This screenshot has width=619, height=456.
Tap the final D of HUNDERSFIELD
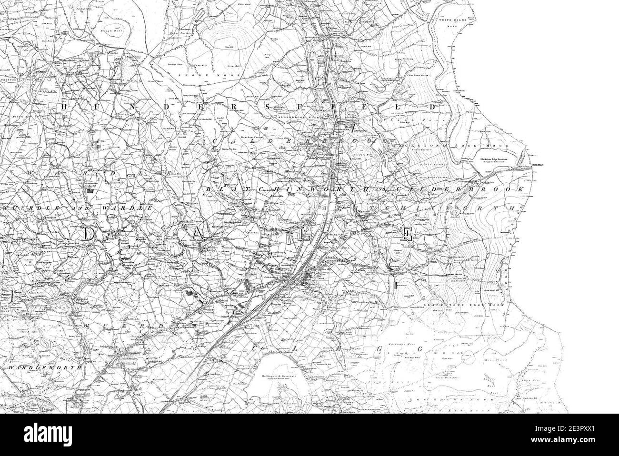pos(433,107)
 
